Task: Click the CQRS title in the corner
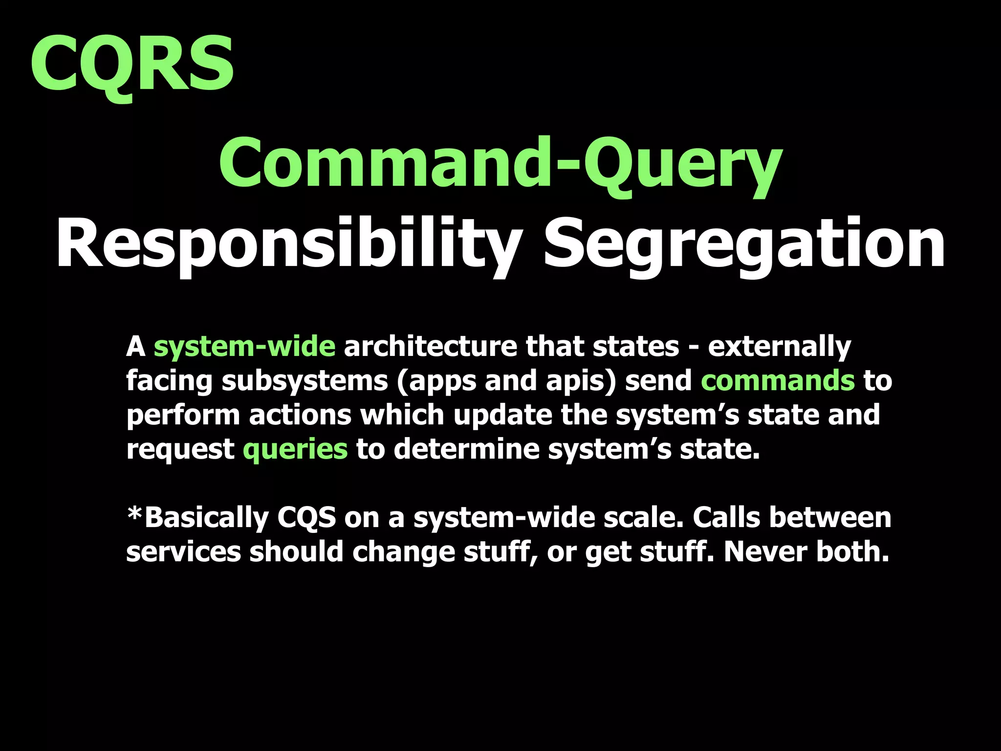tap(132, 64)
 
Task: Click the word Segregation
tap(744, 244)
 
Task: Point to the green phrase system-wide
tap(244, 347)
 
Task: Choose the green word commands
tap(778, 381)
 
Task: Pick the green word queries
tap(295, 449)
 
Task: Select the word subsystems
tap(305, 381)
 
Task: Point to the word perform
tap(183, 415)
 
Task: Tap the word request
tap(180, 449)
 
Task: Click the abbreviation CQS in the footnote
tap(306, 518)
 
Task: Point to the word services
tap(183, 552)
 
